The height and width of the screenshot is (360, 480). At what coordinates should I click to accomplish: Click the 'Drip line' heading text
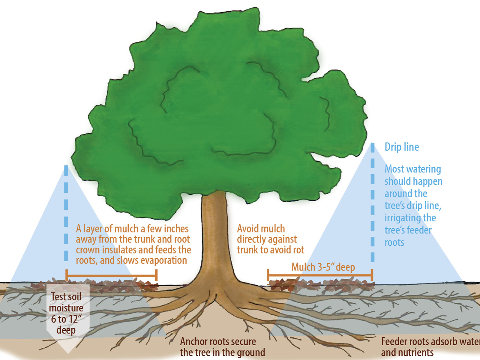click(x=402, y=147)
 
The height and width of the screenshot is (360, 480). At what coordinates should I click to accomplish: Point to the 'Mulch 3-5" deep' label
click(x=323, y=267)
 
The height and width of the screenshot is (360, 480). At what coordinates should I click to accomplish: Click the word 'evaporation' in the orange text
click(x=163, y=260)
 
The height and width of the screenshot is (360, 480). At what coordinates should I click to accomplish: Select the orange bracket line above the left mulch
click(x=111, y=275)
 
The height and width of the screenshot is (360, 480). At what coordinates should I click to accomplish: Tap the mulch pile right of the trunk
click(x=321, y=284)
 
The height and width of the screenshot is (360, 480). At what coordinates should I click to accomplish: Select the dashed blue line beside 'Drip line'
click(x=372, y=204)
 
